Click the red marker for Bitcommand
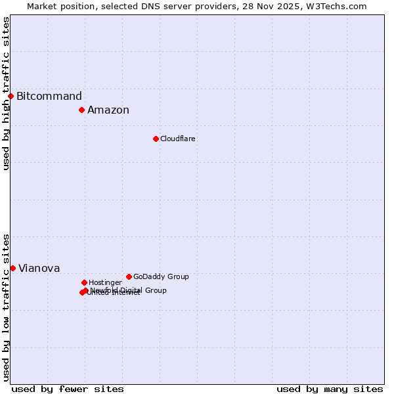click(x=11, y=96)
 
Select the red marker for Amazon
click(x=81, y=110)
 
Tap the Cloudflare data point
click(x=156, y=139)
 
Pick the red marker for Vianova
click(x=12, y=268)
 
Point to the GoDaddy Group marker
click(x=129, y=276)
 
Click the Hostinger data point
click(x=84, y=282)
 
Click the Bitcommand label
click(x=49, y=97)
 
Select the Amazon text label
click(x=108, y=110)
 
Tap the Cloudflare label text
click(x=178, y=139)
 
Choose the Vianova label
click(x=39, y=269)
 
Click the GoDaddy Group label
click(x=161, y=277)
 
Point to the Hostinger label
click(x=106, y=283)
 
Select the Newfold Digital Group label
click(x=129, y=290)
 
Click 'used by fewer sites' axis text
click(x=68, y=389)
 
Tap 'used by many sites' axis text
click(x=330, y=389)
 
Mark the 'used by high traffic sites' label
click(x=6, y=93)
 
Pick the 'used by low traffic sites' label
click(x=6, y=307)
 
